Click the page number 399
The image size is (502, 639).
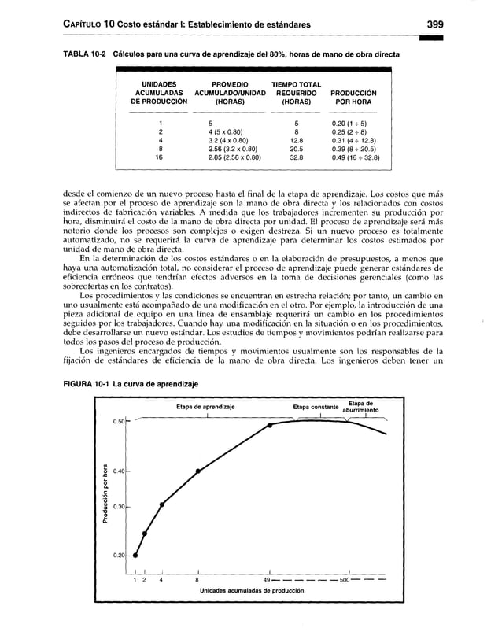point(435,24)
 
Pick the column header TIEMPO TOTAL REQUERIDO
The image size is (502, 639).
point(296,92)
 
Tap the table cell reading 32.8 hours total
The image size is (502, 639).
point(297,157)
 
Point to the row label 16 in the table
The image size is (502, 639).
point(160,157)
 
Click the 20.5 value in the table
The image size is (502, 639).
point(297,148)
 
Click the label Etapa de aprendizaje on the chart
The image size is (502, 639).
point(205,407)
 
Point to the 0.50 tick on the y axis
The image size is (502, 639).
point(119,422)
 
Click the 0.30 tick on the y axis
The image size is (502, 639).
point(119,506)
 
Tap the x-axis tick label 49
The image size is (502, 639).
point(267,580)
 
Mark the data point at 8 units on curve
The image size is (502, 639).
point(197,471)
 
